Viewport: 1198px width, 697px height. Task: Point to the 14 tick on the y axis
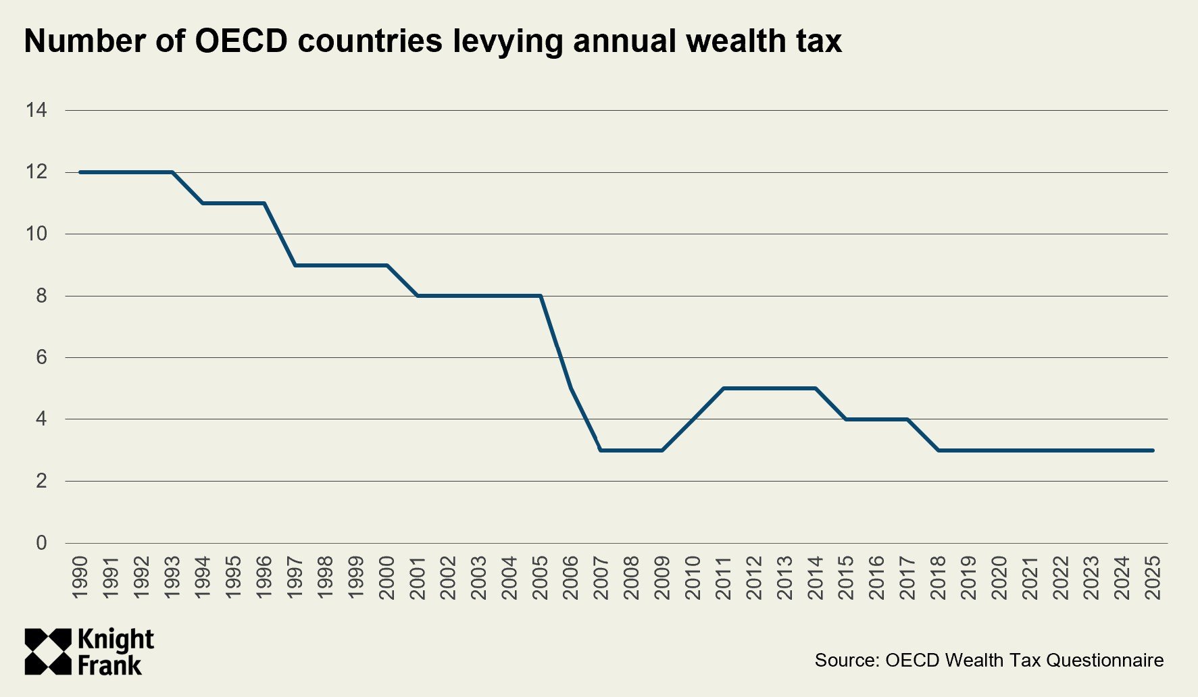pos(36,110)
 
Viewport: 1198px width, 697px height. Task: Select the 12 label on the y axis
pos(36,172)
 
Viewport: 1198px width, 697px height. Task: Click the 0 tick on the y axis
pos(42,543)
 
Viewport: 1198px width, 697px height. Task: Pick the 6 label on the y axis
pos(42,357)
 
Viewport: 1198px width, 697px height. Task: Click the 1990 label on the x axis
pos(80,577)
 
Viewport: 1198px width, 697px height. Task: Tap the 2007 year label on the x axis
pos(601,577)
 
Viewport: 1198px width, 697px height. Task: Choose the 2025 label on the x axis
pos(1153,577)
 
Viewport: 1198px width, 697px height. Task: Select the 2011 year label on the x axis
pos(724,577)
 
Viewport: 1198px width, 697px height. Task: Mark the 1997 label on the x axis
pos(295,577)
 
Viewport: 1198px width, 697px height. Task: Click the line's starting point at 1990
pos(80,172)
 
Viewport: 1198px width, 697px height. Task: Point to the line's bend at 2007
pos(601,450)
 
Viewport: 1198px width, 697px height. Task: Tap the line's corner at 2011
pos(724,388)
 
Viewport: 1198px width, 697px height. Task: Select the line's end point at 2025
pos(1153,450)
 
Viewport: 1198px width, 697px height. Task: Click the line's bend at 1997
pos(295,265)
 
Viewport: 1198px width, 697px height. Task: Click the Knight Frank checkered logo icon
pos(48,652)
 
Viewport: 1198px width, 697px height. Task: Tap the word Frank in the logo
pos(110,665)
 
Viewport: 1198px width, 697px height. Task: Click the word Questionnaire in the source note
pos(1105,660)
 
